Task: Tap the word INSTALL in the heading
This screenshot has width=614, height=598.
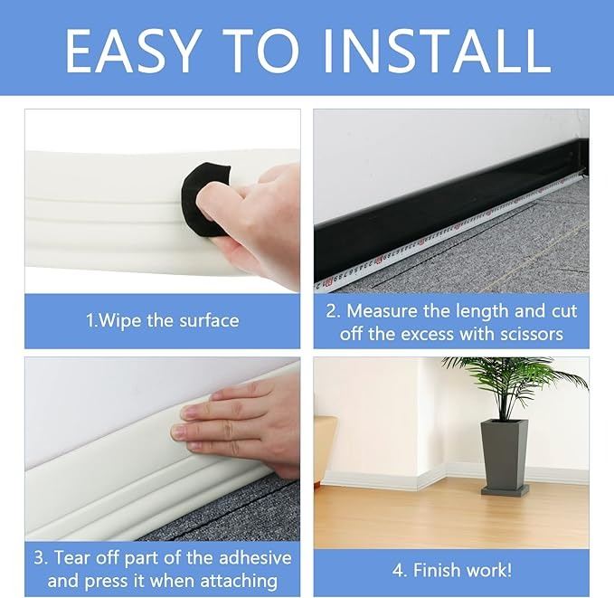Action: click(x=437, y=51)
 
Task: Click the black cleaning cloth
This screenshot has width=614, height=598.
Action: click(x=205, y=200)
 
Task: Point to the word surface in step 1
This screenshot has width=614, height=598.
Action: click(x=209, y=320)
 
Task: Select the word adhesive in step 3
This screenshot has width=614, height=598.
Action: click(x=255, y=557)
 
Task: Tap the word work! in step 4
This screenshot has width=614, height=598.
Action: click(x=488, y=570)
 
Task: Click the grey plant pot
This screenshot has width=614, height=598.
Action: click(x=504, y=453)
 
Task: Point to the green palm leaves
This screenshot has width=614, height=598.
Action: click(x=514, y=386)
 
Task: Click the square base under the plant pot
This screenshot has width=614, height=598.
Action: click(x=505, y=489)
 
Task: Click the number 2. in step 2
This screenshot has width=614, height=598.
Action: click(x=334, y=311)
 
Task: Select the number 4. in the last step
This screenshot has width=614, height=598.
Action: click(x=401, y=570)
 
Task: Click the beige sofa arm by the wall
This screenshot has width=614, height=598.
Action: click(x=326, y=451)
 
